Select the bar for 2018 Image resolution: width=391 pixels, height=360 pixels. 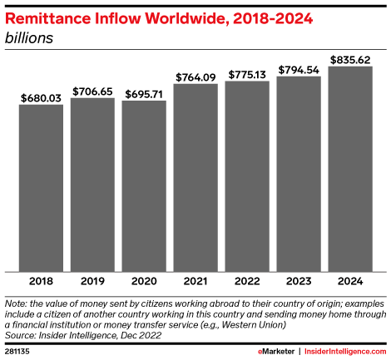[41, 188]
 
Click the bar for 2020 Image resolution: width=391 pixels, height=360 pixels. [144, 186]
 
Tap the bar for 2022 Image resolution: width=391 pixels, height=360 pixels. [247, 176]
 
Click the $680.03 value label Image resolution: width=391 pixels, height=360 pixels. [41, 97]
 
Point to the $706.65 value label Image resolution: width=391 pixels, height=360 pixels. [92, 91]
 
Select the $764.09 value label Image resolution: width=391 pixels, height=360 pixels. [195, 76]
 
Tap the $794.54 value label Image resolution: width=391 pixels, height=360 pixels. [299, 69]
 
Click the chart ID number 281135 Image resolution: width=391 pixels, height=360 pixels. [19, 352]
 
